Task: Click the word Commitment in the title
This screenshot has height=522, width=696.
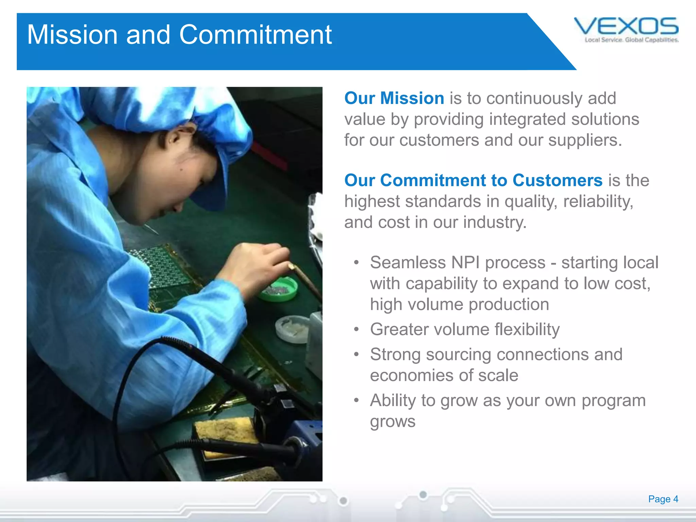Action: point(255,35)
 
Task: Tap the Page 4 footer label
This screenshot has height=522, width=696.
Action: point(663,499)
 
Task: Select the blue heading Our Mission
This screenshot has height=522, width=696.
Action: point(394,98)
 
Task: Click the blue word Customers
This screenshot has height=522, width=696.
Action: point(557,180)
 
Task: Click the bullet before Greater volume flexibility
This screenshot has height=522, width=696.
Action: point(356,329)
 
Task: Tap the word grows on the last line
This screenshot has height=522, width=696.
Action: point(393,422)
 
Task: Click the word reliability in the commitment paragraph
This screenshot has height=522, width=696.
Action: point(598,202)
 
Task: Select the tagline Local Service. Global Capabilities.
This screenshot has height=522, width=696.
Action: point(631,40)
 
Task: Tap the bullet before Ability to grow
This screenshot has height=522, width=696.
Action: point(356,400)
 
